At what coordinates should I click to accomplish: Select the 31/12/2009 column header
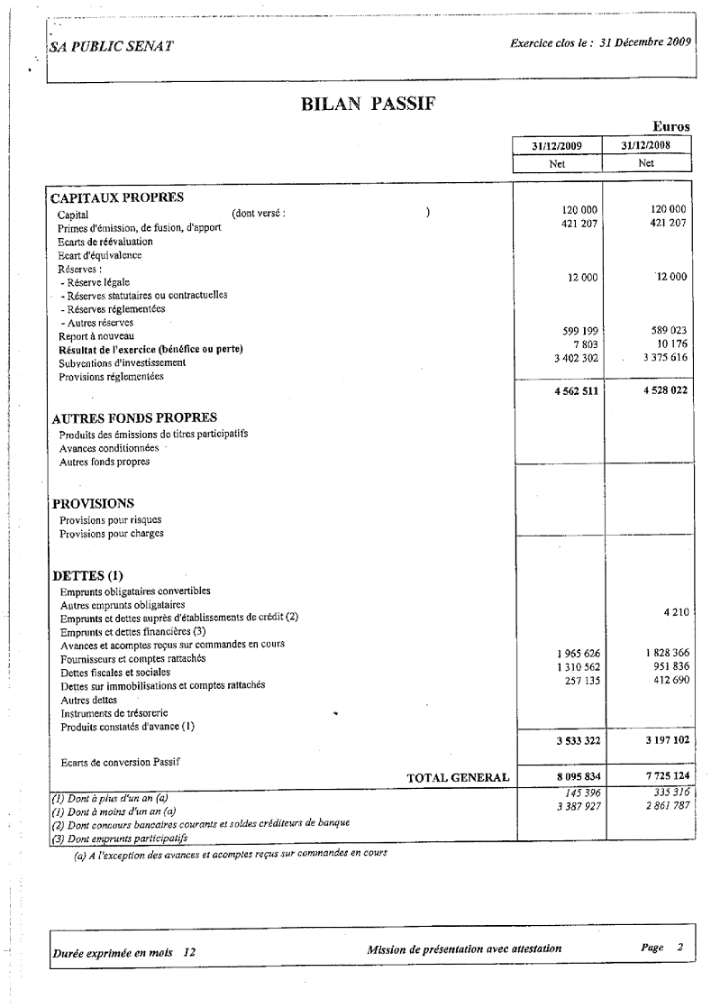pyautogui.click(x=557, y=145)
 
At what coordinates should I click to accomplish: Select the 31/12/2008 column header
pyautogui.click(x=646, y=145)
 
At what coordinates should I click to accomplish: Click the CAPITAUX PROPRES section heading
pyautogui.click(x=117, y=197)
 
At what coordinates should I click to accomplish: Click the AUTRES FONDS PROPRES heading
pyautogui.click(x=134, y=418)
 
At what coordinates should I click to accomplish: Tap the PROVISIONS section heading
pyautogui.click(x=94, y=503)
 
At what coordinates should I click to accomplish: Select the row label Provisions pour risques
pyautogui.click(x=112, y=520)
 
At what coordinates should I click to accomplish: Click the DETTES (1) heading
pyautogui.click(x=87, y=575)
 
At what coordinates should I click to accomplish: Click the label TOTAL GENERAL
pyautogui.click(x=458, y=776)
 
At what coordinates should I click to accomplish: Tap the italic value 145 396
pyautogui.click(x=583, y=793)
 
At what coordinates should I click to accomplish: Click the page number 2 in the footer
pyautogui.click(x=680, y=948)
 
